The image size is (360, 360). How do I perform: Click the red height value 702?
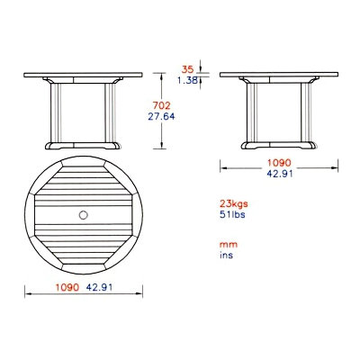161,105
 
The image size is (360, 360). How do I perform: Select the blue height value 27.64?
161,116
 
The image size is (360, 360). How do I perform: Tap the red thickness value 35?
188,69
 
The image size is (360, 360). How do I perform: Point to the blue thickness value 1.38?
187,80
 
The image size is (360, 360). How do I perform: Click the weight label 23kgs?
234,204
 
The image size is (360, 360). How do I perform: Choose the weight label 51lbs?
232,214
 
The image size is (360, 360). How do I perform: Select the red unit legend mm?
229,245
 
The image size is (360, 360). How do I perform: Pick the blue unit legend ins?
226,256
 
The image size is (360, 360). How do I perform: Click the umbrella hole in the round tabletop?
84,215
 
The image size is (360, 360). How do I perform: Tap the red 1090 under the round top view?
67,287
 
